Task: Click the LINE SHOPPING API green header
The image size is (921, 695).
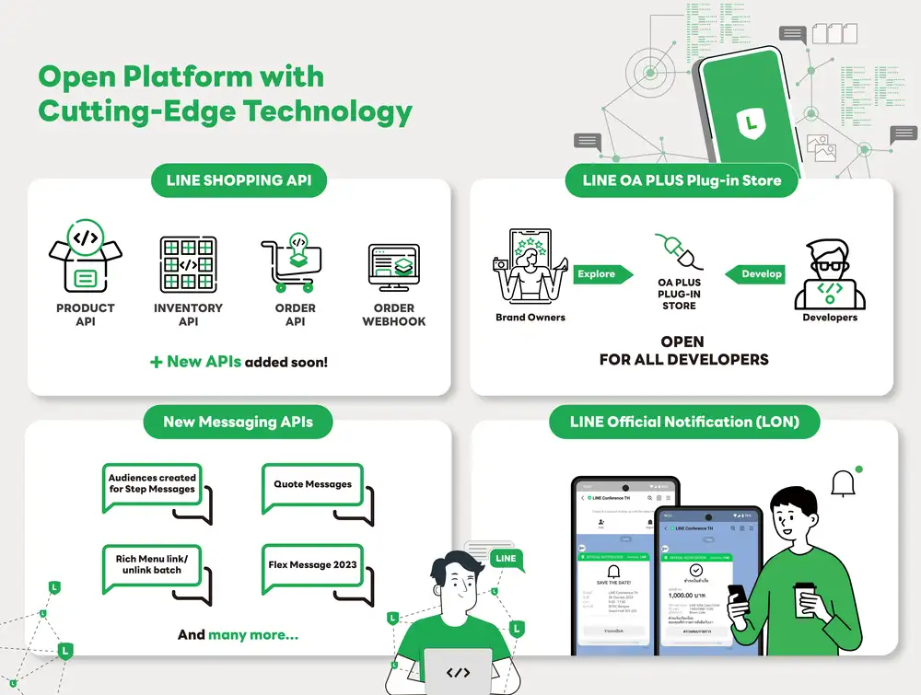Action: point(239,180)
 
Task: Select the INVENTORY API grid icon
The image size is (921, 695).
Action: point(188,264)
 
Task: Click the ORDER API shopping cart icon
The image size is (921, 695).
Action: point(294,265)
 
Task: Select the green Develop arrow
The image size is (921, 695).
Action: point(755,273)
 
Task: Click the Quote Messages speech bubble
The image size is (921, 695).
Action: point(312,485)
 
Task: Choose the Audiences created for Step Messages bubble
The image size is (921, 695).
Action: point(152,484)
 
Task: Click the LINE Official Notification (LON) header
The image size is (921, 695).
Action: point(683,423)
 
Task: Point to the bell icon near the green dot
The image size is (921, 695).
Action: point(843,483)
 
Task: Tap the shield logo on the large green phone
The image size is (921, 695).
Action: point(751,121)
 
